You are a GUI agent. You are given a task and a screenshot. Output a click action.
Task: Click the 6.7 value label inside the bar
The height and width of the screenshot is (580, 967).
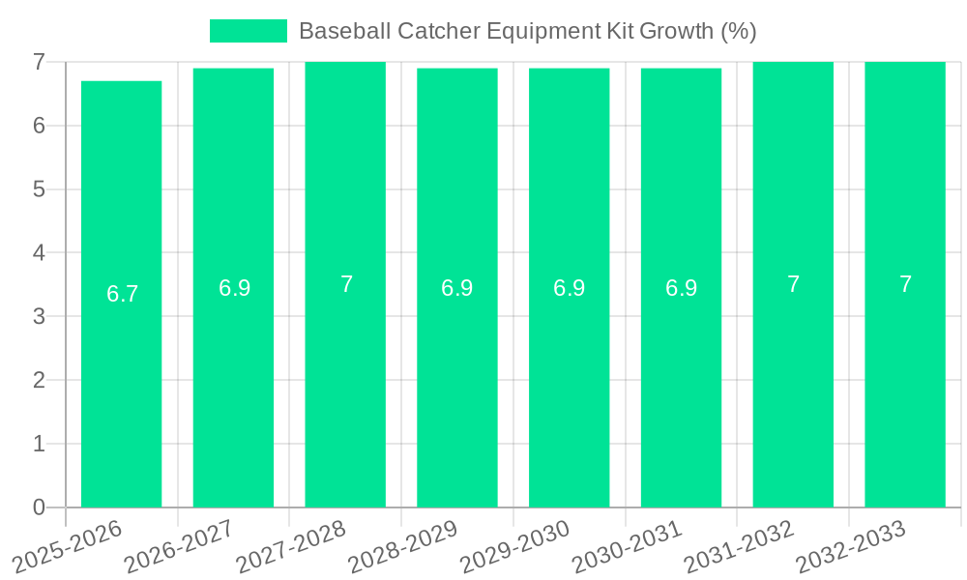(123, 294)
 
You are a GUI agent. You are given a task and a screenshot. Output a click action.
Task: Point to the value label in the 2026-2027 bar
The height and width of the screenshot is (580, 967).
(235, 288)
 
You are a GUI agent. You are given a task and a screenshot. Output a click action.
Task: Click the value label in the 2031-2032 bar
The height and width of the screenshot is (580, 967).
(793, 284)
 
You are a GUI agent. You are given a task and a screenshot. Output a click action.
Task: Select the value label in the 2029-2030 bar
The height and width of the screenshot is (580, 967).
(570, 288)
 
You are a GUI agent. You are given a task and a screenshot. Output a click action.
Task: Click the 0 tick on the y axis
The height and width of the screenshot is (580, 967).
(39, 507)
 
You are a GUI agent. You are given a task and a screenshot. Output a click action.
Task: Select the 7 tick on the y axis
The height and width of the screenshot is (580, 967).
(39, 62)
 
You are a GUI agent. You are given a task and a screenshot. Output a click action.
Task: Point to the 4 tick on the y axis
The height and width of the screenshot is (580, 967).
(39, 253)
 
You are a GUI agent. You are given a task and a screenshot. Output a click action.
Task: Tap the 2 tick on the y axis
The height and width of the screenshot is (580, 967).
(39, 380)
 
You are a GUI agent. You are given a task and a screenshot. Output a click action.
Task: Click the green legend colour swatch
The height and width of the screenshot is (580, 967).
(249, 31)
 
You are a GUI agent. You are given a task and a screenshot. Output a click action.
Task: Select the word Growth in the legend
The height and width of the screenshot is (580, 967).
(681, 31)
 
